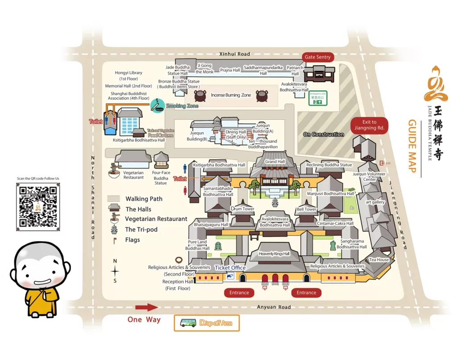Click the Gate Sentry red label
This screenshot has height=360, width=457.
pyautogui.click(x=317, y=57)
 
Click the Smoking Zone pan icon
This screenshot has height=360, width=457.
pyautogui.click(x=157, y=105)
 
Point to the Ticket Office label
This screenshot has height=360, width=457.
pyautogui.click(x=230, y=268)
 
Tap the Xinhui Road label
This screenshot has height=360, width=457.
pyautogui.click(x=235, y=54)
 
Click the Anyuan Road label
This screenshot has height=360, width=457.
pyautogui.click(x=274, y=307)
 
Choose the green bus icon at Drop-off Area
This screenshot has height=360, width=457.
pyautogui.click(x=188, y=323)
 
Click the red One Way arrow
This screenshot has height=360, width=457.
pyautogui.click(x=146, y=307)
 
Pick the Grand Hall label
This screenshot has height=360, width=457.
pyautogui.click(x=274, y=162)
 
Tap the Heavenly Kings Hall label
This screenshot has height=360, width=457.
pyautogui.click(x=274, y=254)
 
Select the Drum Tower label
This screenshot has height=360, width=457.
pyautogui.click(x=242, y=209)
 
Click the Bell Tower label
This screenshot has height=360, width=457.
pyautogui.click(x=307, y=209)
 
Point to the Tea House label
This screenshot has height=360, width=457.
pyautogui.click(x=379, y=260)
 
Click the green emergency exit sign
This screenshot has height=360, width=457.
pyautogui.click(x=318, y=98)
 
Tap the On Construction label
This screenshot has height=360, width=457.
pyautogui.click(x=324, y=134)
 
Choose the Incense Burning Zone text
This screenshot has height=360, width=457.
pyautogui.click(x=231, y=95)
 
